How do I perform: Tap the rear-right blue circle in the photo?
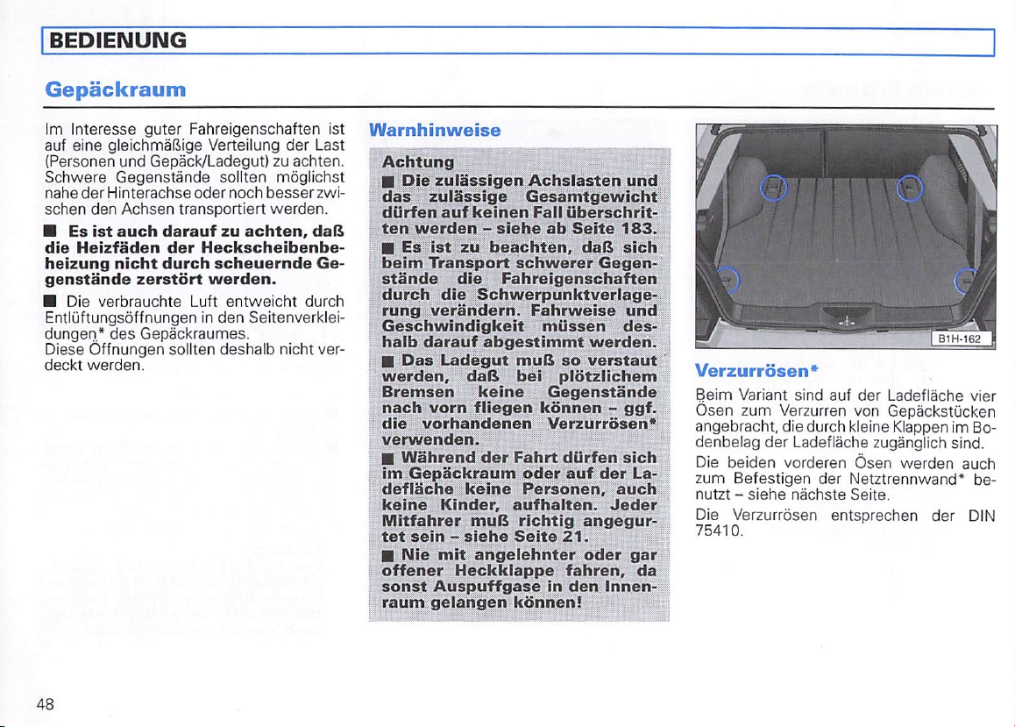[908, 187]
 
